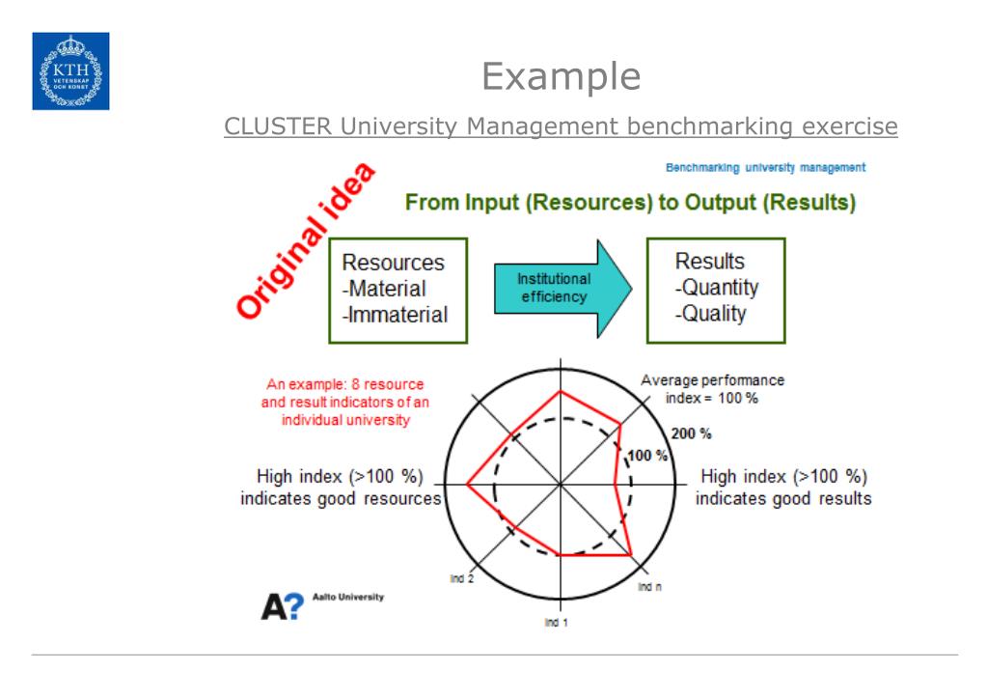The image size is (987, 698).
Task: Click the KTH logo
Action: pos(70,70)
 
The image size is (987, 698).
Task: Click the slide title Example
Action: pos(561,76)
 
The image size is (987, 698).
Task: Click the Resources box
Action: pos(398,290)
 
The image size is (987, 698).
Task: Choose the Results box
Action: pos(716,290)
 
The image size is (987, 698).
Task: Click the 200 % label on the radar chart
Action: pos(691,433)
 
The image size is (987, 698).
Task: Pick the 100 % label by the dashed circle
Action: pos(648,456)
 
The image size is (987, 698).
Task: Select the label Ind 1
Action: pos(556,623)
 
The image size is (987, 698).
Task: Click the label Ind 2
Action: pos(461,577)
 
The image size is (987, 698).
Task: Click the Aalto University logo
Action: pos(322,605)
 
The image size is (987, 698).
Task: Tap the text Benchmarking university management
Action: pos(765,168)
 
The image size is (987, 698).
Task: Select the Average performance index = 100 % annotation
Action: pos(712,389)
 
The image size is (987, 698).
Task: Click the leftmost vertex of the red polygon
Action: pos(468,484)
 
